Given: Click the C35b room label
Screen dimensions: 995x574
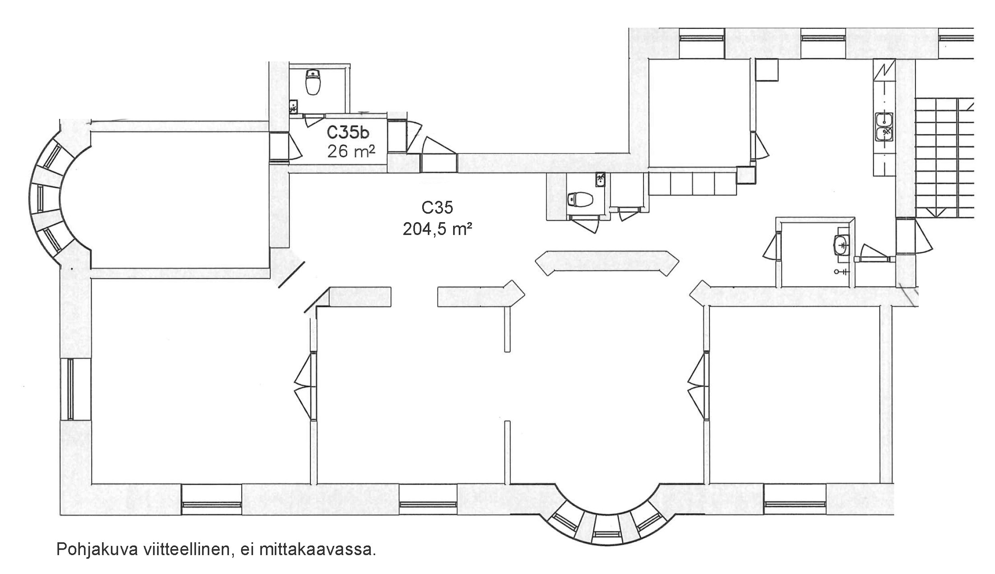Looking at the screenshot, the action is [348, 132].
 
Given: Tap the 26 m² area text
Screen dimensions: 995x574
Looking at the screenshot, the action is [351, 151].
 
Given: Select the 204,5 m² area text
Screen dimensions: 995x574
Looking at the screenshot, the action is [437, 230].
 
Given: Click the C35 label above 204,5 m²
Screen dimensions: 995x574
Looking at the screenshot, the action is [437, 208].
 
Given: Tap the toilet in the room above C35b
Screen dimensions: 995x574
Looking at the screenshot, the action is [313, 82].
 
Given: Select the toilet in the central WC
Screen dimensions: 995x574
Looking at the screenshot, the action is [581, 199].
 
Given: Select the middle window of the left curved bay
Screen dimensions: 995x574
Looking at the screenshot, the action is [41, 199].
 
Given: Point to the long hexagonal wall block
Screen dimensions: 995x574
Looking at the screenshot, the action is [607, 263].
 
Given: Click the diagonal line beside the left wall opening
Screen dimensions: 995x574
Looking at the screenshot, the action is [292, 275].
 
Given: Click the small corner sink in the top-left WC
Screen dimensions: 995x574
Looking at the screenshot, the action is [294, 106].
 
